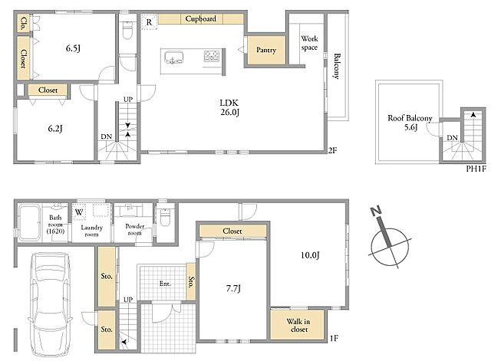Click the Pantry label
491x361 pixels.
pyautogui.click(x=266, y=50)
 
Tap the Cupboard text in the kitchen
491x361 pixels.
pyautogui.click(x=201, y=18)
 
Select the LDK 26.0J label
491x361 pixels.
pyautogui.click(x=229, y=107)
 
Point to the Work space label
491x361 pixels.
pyautogui.click(x=309, y=43)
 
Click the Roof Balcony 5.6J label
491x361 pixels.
pyautogui.click(x=410, y=123)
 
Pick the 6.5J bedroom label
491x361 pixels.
pyautogui.click(x=74, y=48)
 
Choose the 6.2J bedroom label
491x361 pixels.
pyautogui.click(x=55, y=128)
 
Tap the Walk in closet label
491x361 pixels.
pyautogui.click(x=298, y=325)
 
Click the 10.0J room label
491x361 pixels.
pyautogui.click(x=310, y=255)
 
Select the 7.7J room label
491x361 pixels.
pyautogui.click(x=233, y=288)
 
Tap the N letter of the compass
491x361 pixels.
pyautogui.click(x=376, y=212)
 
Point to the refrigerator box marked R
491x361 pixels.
pyautogui.click(x=149, y=22)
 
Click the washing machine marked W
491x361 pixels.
pyautogui.click(x=78, y=212)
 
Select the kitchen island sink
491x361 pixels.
pyautogui.click(x=173, y=57)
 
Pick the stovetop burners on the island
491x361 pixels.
pyautogui.click(x=212, y=56)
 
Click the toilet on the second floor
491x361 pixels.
pyautogui.click(x=127, y=31)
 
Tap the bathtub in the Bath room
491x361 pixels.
pyautogui.click(x=28, y=222)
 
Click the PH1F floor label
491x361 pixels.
pyautogui.click(x=476, y=169)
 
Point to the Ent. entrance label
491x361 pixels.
pyautogui.click(x=165, y=284)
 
